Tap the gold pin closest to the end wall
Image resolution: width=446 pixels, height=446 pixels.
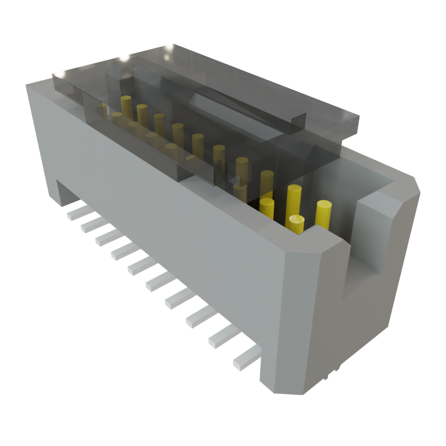pyautogui.click(x=324, y=213)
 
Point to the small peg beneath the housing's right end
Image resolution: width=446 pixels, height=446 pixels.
pyautogui.click(x=335, y=370)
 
